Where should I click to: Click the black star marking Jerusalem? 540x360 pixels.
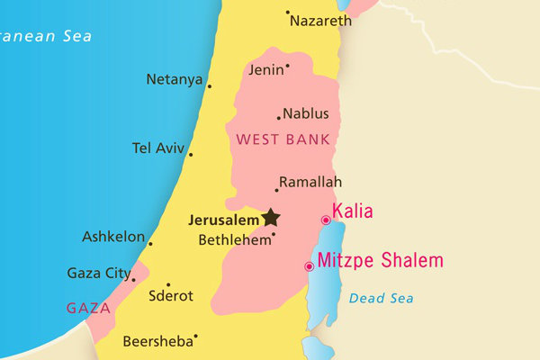pyautogui.click(x=271, y=217)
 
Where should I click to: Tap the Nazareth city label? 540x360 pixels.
pyautogui.click(x=320, y=21)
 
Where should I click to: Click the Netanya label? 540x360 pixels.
pyautogui.click(x=174, y=79)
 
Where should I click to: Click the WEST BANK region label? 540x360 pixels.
pyautogui.click(x=282, y=139)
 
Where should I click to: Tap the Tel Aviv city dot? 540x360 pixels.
pyautogui.click(x=191, y=155)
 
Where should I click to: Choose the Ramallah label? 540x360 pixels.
pyautogui.click(x=310, y=182)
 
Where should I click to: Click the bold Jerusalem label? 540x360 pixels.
pyautogui.click(x=224, y=219)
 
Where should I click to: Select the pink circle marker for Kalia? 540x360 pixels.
pyautogui.click(x=326, y=220)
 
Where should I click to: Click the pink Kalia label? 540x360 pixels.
pyautogui.click(x=353, y=212)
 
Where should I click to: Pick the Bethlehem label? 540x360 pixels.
pyautogui.click(x=234, y=240)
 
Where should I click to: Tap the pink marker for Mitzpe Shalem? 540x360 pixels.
pyautogui.click(x=310, y=266)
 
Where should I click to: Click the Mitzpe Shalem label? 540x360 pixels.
pyautogui.click(x=381, y=261)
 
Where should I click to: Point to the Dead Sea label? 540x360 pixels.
pyautogui.click(x=382, y=298)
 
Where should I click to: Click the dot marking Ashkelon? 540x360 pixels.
pyautogui.click(x=150, y=244)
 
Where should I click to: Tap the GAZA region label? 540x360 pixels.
pyautogui.click(x=88, y=308)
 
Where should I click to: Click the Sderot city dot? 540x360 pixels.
pyautogui.click(x=168, y=284)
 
